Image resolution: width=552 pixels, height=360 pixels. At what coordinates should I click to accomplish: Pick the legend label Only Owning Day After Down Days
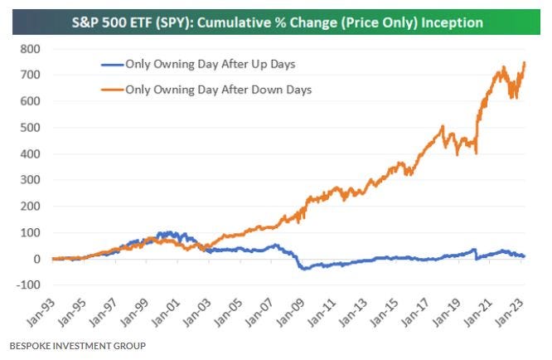pyautogui.click(x=217, y=90)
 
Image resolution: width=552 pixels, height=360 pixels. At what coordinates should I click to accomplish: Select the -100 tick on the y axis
pyautogui.click(x=27, y=285)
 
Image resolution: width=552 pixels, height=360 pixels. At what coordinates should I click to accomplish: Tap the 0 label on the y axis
pyautogui.click(x=36, y=259)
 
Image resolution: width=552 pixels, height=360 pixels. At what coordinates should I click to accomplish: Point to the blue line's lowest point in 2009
pyautogui.click(x=303, y=269)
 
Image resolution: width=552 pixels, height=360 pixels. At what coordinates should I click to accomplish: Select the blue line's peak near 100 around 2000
pyautogui.click(x=170, y=232)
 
